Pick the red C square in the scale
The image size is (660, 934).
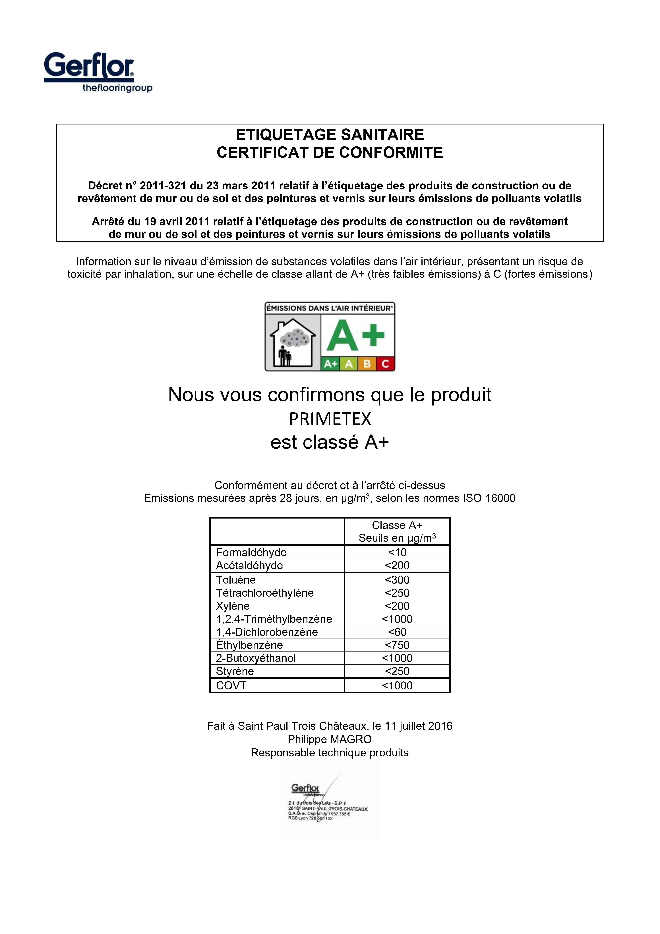[x=385, y=364]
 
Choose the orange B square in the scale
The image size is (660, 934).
[x=367, y=364]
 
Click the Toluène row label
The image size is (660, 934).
[x=236, y=580]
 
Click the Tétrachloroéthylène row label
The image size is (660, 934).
[x=265, y=593]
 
